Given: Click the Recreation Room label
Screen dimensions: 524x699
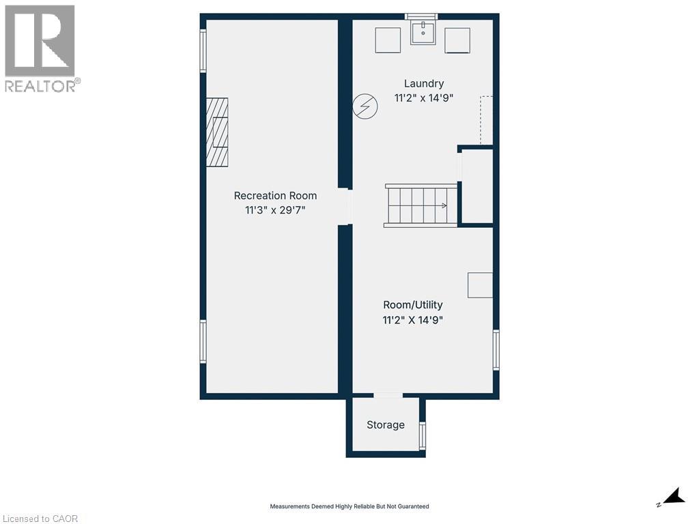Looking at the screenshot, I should (x=275, y=195).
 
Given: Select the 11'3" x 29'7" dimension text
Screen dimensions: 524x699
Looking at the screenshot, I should (x=275, y=210).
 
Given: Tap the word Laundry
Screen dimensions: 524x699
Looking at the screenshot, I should (x=423, y=84).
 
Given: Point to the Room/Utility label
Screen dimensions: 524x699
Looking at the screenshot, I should (x=412, y=305).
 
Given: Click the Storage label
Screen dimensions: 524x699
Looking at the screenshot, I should (x=386, y=425).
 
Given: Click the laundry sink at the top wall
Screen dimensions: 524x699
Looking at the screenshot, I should (x=423, y=33).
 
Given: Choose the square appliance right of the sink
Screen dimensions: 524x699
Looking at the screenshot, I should (x=457, y=40).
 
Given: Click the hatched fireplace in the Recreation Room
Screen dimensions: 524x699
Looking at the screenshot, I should (x=217, y=132).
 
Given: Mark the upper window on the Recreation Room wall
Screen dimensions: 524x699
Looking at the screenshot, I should (x=203, y=50).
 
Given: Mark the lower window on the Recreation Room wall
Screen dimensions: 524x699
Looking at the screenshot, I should (x=203, y=342).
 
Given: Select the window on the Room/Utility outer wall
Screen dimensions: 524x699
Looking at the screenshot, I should (x=496, y=350).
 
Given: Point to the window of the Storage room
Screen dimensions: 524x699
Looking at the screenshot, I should (x=423, y=435).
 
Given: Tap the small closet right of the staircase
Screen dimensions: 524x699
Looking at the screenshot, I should (x=477, y=186).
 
